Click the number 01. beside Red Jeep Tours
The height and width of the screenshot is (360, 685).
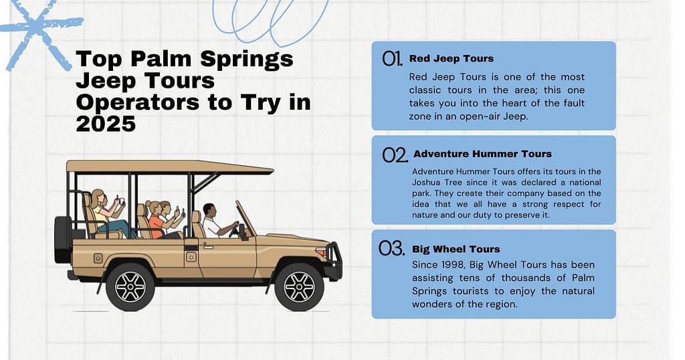(x=392, y=59)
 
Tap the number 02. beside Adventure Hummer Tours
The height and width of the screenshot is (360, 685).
(x=395, y=155)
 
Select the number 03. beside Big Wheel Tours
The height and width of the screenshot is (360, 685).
(x=392, y=250)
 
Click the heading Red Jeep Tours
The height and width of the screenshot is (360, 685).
(x=452, y=59)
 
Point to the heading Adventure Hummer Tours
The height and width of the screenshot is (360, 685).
(x=482, y=154)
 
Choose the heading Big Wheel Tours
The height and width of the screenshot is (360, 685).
(x=456, y=249)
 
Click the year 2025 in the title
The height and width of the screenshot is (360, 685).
(x=106, y=124)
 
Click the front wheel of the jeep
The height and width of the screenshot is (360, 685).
(x=299, y=286)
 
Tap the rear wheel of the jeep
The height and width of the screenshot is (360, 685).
(x=130, y=286)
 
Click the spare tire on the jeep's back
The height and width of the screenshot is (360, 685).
(x=62, y=239)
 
